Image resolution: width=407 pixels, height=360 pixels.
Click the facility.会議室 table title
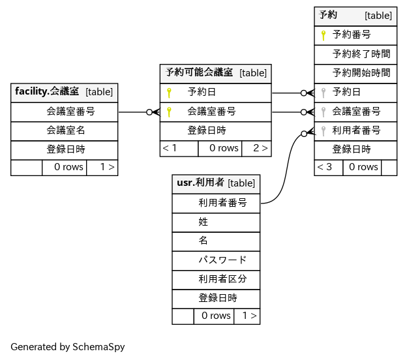point(47,92)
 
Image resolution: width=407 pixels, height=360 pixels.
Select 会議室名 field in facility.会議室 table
point(65,130)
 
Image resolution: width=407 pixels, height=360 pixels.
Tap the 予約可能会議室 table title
point(200,72)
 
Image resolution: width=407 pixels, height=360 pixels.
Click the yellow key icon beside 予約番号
point(323,35)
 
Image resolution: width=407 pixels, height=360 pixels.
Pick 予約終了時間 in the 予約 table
point(361,53)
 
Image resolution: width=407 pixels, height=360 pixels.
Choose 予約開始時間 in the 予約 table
point(361,73)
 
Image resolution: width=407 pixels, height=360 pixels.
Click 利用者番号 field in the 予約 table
point(356,130)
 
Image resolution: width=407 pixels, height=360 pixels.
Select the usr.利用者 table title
point(200,183)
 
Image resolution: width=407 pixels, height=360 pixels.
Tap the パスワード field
point(222,260)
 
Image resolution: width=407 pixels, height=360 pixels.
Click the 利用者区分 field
point(222,279)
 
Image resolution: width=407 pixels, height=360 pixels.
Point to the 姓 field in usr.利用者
point(203,222)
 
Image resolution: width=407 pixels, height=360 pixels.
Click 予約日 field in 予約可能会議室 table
point(202,93)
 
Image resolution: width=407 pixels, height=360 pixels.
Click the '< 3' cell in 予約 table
point(324,167)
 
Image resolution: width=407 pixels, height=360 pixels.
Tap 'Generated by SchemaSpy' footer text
point(67,347)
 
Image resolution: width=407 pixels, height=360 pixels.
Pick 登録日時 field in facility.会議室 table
point(65,149)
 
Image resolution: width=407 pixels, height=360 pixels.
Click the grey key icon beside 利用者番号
point(323,130)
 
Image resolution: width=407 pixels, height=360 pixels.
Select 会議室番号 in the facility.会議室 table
point(70,112)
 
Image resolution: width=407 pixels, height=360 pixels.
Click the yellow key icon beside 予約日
point(169,93)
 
